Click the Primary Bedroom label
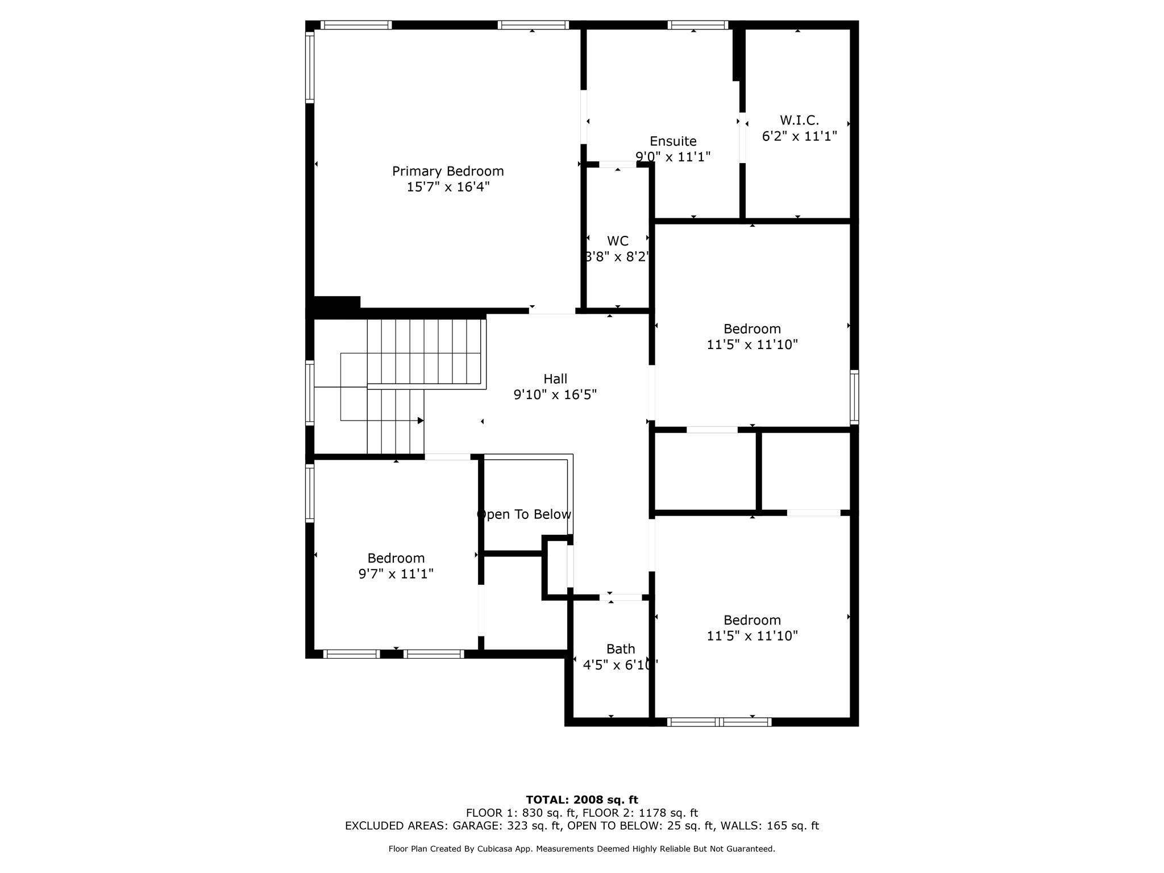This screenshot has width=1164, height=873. (x=448, y=171)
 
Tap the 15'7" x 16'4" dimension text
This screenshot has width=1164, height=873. (x=448, y=187)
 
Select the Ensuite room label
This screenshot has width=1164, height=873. (x=673, y=141)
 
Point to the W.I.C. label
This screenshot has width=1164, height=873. (x=799, y=120)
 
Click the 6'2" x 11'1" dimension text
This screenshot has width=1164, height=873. (x=799, y=136)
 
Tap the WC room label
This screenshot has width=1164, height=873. (x=618, y=240)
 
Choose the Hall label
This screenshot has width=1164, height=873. (x=555, y=379)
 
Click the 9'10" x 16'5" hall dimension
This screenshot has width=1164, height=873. (x=555, y=394)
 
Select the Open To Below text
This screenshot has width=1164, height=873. (x=524, y=514)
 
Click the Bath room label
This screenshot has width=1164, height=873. (x=621, y=648)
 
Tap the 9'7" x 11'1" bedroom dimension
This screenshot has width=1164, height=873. (x=396, y=574)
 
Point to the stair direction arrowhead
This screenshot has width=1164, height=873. (x=421, y=421)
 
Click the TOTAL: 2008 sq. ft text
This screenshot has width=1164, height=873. (x=582, y=800)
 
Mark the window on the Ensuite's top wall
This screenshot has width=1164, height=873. (x=697, y=25)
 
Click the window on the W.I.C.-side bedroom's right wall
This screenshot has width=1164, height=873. (x=854, y=397)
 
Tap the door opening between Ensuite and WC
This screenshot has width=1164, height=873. (x=618, y=165)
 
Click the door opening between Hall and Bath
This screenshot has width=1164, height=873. (x=621, y=597)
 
